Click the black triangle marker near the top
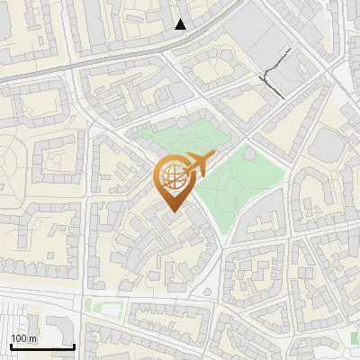(181, 24)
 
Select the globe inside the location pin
(172, 178)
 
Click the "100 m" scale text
(23, 338)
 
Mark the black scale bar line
(42, 346)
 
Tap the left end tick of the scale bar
(10, 345)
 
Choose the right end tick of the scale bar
(75, 345)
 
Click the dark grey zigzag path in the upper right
(278, 70)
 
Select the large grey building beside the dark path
(261, 40)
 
